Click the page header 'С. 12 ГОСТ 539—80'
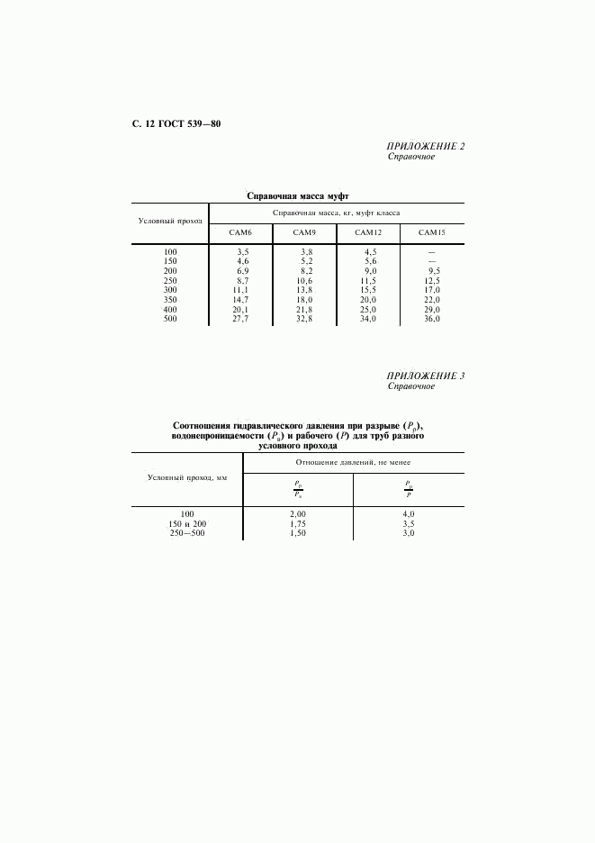[170, 123]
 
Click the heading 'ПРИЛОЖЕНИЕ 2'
[426, 146]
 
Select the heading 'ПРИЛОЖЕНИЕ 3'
[426, 376]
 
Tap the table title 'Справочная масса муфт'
[297, 195]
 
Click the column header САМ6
[241, 233]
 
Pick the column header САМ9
[304, 233]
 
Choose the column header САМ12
[369, 233]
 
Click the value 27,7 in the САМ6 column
[240, 319]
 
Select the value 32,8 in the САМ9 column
[306, 319]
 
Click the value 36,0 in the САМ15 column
[433, 319]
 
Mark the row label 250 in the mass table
[170, 280]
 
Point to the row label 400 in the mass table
[170, 309]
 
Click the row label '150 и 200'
[187, 523]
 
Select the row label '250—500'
[187, 533]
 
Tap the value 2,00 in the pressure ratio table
[297, 513]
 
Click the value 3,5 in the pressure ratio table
[408, 523]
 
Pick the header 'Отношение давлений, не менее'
[353, 462]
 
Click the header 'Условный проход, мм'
[187, 477]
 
